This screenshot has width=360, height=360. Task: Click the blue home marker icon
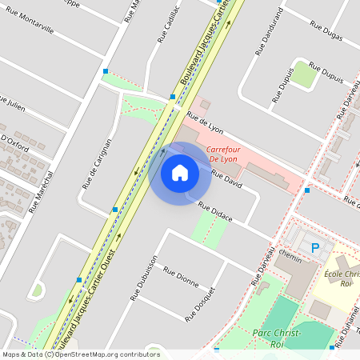tap(180, 173)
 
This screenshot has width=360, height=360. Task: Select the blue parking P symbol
tap(314, 248)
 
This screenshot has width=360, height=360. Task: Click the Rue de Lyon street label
tap(204, 126)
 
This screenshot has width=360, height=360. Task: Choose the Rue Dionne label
tap(181, 276)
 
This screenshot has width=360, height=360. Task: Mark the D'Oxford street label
tap(15, 142)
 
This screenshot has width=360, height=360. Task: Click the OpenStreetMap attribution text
tap(80, 354)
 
